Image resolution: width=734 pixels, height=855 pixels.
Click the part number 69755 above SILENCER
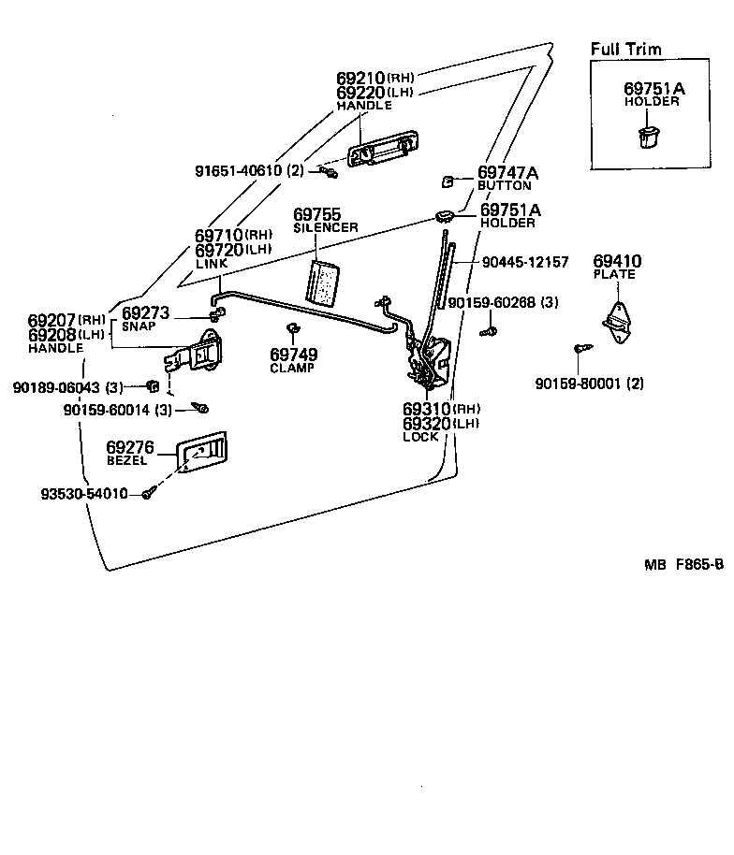316,214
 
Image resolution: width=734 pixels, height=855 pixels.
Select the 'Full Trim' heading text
626,49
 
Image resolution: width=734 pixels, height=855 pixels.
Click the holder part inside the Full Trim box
648,137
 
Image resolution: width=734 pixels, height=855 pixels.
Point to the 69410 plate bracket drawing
617,323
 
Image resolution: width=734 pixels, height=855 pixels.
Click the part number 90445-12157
525,262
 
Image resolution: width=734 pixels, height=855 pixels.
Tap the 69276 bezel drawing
201,452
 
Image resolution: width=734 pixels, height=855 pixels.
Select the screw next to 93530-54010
149,492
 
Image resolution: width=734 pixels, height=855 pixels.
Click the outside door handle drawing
383,149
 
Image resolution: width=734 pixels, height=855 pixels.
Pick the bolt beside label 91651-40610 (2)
329,172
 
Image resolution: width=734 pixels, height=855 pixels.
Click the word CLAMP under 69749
292,368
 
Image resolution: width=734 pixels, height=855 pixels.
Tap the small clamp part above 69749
292,327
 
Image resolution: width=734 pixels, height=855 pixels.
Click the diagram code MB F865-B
683,564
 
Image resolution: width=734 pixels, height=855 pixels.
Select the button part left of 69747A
447,181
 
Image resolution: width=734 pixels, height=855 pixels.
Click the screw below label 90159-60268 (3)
488,330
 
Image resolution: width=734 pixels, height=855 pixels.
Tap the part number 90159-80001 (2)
590,384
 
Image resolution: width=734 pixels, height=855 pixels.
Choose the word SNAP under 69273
139,326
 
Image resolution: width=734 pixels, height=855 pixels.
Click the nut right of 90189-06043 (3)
153,386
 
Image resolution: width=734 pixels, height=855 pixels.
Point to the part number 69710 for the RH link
219,236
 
